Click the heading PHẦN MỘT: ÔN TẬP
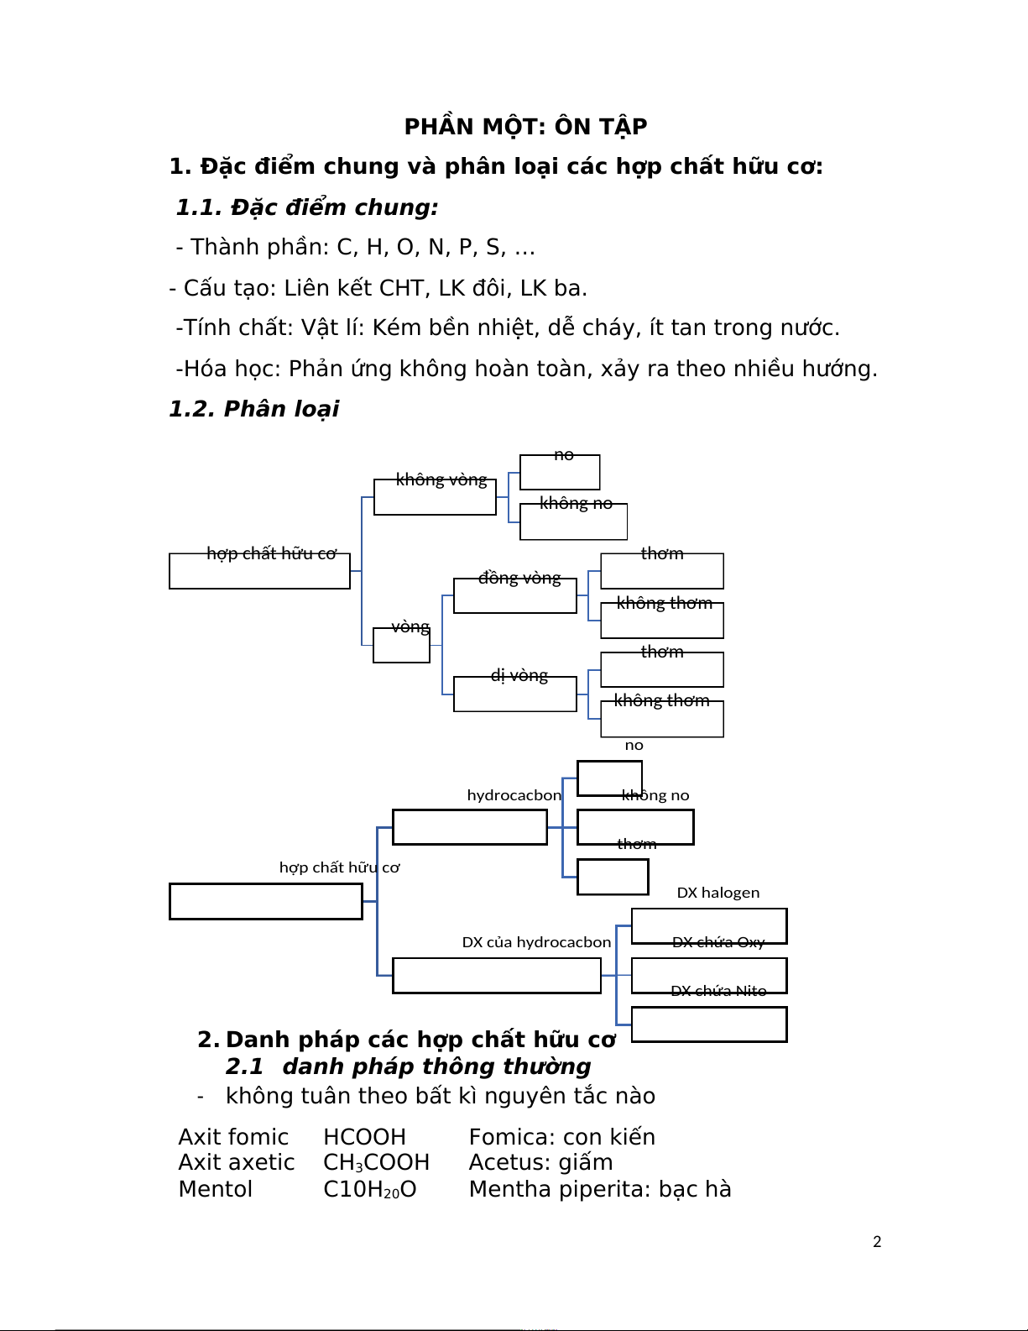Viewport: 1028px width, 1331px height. click(525, 127)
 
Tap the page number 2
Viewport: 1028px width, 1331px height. click(877, 1242)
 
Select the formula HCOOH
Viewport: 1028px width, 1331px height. click(364, 1137)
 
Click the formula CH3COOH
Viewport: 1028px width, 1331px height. click(376, 1163)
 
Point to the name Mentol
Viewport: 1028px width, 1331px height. click(215, 1189)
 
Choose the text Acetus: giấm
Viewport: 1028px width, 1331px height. click(540, 1163)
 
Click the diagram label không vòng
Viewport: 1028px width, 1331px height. click(441, 479)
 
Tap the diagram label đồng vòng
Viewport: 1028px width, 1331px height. click(519, 578)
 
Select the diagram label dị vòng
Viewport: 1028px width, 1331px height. click(519, 675)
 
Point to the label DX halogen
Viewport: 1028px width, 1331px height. click(718, 893)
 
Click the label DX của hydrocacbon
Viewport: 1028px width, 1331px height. click(536, 942)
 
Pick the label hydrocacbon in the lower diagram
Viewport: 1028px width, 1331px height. click(514, 795)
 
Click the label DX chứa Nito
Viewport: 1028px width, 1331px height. click(718, 991)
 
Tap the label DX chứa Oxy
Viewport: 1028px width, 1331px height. click(718, 942)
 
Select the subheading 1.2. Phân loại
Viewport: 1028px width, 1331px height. click(253, 409)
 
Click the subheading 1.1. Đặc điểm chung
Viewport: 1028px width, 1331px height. click(307, 207)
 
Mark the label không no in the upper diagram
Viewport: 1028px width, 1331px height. click(576, 503)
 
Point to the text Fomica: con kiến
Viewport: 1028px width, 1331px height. click(561, 1137)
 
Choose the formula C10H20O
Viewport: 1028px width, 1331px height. click(369, 1189)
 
